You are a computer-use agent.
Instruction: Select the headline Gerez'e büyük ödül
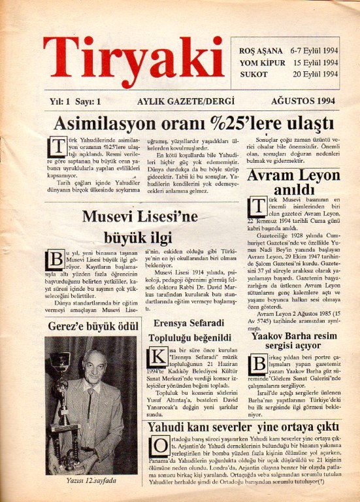pos(95,325)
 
